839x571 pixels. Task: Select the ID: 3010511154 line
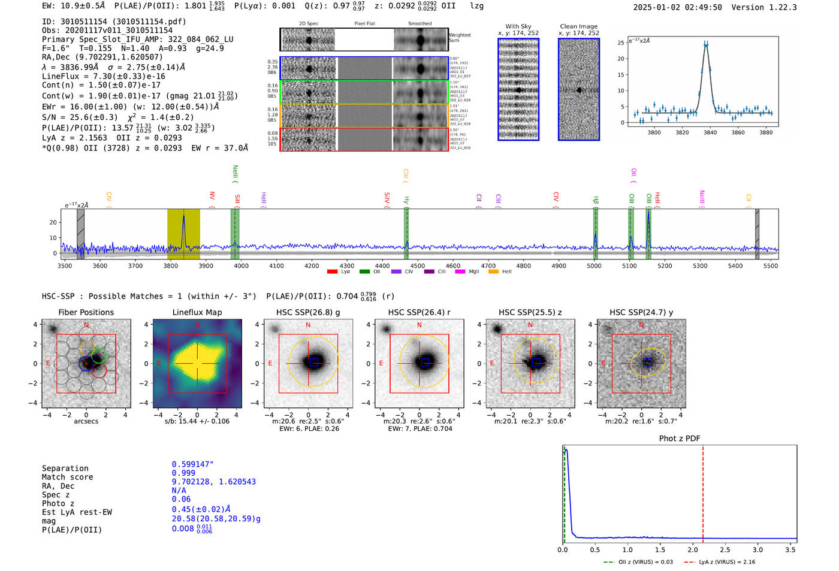pos(114,22)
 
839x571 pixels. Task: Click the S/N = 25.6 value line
pos(117,117)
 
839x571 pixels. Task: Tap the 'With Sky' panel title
pos(518,26)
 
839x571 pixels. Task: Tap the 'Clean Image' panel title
pos(578,26)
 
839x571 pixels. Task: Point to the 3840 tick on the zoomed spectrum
pos(710,132)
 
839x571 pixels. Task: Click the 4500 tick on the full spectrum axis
pos(418,266)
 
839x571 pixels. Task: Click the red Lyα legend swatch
pos(332,272)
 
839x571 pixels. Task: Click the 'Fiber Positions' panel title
pos(86,312)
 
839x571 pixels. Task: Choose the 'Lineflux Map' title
pos(197,312)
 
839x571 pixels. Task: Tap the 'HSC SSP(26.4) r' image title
pos(419,312)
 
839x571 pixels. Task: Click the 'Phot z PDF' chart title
pos(679,439)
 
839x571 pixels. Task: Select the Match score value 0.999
pos(183,473)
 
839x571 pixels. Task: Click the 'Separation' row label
pos(65,469)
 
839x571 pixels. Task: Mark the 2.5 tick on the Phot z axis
pos(725,549)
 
